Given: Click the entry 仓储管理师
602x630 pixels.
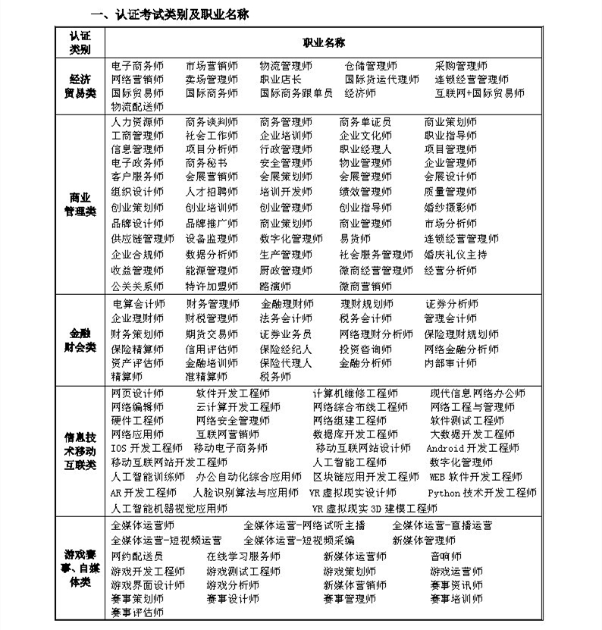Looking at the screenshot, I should click(371, 66).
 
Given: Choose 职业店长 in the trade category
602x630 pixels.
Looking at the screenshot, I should click(281, 80).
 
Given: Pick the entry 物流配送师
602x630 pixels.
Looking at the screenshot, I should click(137, 107).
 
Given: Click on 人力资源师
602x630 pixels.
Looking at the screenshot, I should click(137, 122).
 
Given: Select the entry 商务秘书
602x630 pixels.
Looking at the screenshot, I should click(206, 163).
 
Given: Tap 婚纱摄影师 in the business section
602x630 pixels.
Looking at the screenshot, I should click(450, 207).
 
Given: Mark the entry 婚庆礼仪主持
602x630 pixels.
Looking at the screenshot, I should click(456, 255).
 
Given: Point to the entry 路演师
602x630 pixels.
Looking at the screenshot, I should click(275, 287).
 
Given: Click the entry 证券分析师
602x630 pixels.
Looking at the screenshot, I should click(451, 304).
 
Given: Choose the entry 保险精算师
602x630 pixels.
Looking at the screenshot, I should click(137, 349).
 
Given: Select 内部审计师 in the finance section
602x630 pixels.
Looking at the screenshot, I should click(450, 363).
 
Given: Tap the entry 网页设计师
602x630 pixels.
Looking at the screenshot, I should click(137, 393).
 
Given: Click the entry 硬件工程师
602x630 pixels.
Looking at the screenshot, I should click(137, 421).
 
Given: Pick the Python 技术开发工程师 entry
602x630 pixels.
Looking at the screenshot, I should click(482, 493).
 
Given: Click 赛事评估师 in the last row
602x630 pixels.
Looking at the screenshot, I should click(137, 613).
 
